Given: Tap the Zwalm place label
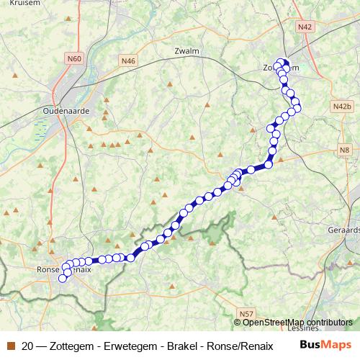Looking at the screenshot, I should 186,51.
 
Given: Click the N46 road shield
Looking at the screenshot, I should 128,61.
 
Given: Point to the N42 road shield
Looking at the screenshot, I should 305,26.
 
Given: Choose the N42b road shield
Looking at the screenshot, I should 342,107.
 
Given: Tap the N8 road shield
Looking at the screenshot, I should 344,150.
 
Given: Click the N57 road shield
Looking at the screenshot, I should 247,313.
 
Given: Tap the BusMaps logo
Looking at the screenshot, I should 325,345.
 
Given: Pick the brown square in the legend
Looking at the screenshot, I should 10,345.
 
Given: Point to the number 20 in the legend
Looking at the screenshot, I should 28,345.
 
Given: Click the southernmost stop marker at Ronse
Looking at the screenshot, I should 62,279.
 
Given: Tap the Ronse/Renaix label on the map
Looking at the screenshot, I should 65,269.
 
